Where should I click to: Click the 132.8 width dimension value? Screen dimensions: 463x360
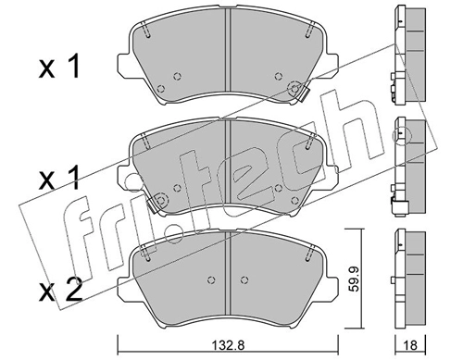point(229,345)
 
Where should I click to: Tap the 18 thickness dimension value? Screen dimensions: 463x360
point(410,345)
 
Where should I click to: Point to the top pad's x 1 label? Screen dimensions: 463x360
point(59,66)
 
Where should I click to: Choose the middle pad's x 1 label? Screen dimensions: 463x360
point(59,178)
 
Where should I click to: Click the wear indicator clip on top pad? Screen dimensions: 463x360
point(304,93)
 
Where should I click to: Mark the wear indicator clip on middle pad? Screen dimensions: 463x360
point(152,205)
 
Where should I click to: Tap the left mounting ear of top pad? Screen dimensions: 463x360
point(123,66)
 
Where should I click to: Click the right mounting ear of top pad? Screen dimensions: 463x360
point(332,66)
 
